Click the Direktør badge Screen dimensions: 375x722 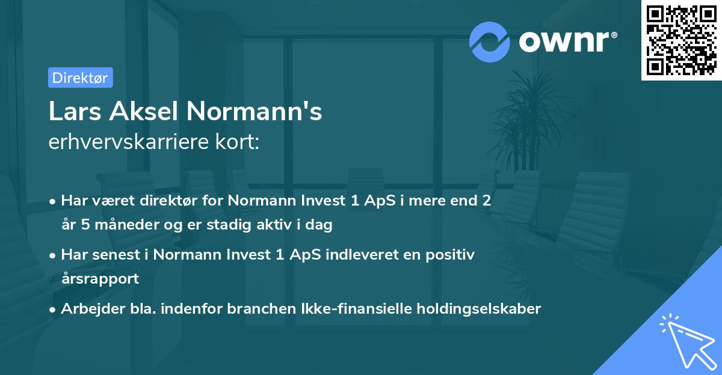point(80,78)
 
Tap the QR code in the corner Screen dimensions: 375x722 point(681,40)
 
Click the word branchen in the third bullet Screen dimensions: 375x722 point(264,309)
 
